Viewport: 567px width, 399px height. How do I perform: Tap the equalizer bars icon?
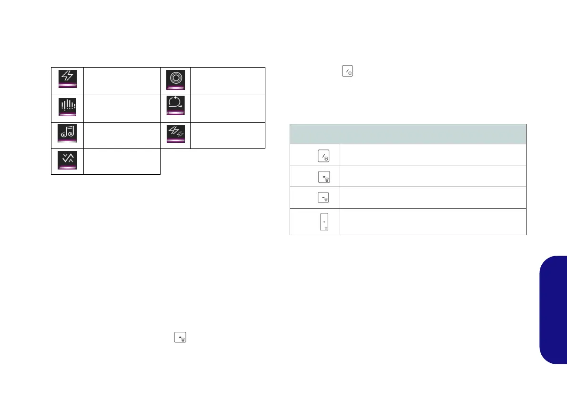pyautogui.click(x=67, y=107)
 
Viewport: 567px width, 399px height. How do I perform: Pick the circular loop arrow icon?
pyautogui.click(x=175, y=107)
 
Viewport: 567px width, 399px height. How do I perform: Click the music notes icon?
pyautogui.click(x=67, y=133)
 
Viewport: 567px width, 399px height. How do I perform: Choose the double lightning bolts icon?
pyautogui.click(x=175, y=133)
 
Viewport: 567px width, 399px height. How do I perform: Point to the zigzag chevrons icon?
pyautogui.click(x=67, y=160)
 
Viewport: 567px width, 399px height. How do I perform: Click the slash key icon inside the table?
pyautogui.click(x=323, y=155)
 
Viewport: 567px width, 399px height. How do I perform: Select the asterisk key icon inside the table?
pyautogui.click(x=323, y=177)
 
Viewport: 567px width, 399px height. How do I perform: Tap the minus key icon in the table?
pyautogui.click(x=323, y=198)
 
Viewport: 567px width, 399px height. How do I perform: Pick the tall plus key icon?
pyautogui.click(x=323, y=222)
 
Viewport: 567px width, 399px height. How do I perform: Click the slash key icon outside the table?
pyautogui.click(x=347, y=72)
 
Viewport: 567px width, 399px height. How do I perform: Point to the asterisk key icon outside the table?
pyautogui.click(x=181, y=338)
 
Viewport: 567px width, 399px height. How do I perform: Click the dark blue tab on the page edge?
pyautogui.click(x=554, y=309)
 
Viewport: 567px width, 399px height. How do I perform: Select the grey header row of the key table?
pyautogui.click(x=408, y=134)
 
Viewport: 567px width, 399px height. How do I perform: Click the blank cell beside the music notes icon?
pyautogui.click(x=121, y=135)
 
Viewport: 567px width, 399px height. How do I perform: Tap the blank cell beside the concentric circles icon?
pyautogui.click(x=227, y=80)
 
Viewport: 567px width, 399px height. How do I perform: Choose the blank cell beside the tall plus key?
pyautogui.click(x=433, y=221)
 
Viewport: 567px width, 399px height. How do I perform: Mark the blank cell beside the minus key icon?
pyautogui.click(x=433, y=198)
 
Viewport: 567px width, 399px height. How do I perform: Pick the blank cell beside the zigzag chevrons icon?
pyautogui.click(x=121, y=161)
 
